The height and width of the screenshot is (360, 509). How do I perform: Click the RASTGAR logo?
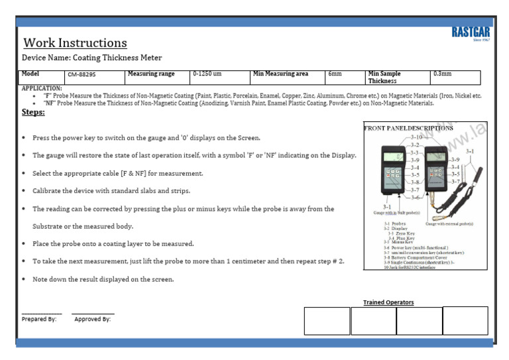[x=471, y=32]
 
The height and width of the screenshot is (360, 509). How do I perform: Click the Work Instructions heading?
[x=75, y=43]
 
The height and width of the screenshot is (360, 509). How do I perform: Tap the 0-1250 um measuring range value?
[x=207, y=74]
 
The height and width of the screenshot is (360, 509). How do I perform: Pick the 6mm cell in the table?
[x=335, y=74]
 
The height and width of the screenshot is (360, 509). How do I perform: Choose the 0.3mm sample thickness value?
[x=441, y=74]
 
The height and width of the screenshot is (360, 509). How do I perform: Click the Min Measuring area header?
[x=280, y=74]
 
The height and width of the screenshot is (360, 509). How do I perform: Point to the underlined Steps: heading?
[x=33, y=112]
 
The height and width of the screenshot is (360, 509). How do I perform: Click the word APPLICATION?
[x=42, y=88]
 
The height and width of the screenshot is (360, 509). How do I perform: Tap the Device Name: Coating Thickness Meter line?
[x=91, y=58]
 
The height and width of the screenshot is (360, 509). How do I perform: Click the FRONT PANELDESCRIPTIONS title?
[x=409, y=128]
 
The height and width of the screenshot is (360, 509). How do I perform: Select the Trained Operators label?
[x=388, y=302]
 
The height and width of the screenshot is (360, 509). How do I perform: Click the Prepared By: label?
[x=39, y=319]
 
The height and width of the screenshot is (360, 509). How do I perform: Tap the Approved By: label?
[x=92, y=319]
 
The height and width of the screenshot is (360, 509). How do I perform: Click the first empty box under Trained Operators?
[x=327, y=321]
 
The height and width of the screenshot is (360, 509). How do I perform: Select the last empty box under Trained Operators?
[x=465, y=320]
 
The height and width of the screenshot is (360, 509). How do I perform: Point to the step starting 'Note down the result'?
[x=103, y=279]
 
